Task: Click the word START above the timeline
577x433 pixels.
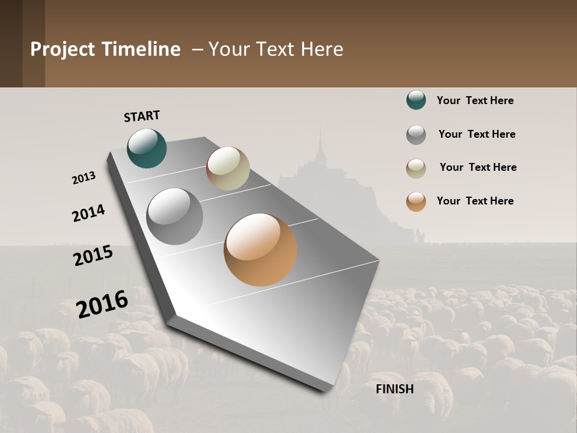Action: point(142,116)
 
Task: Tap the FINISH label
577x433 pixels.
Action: point(395,389)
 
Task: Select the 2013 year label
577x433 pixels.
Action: point(84,178)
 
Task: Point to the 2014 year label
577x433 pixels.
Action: point(88,213)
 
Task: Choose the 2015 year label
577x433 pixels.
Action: point(93,256)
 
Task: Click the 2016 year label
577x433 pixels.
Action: point(102,304)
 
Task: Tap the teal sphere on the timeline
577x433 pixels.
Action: point(147,148)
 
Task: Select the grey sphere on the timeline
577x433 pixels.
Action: point(175,216)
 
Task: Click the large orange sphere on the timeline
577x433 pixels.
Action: point(260,250)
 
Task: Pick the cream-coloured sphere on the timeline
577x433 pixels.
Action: point(228,168)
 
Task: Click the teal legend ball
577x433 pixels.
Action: point(416,100)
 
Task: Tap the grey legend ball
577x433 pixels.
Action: point(416,135)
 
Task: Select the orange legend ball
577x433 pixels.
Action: point(416,201)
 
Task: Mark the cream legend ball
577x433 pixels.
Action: point(416,168)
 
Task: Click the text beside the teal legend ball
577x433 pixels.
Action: point(475,100)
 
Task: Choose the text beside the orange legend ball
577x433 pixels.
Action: point(475,201)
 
